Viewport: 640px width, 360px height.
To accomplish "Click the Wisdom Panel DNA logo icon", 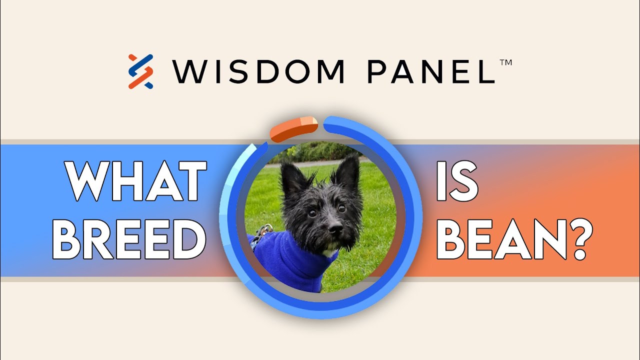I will click(140, 71).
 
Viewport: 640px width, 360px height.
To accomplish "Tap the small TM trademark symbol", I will click(505, 63).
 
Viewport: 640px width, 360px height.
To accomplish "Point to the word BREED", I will click(129, 239).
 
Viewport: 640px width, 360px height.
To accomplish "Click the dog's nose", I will click(335, 228).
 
